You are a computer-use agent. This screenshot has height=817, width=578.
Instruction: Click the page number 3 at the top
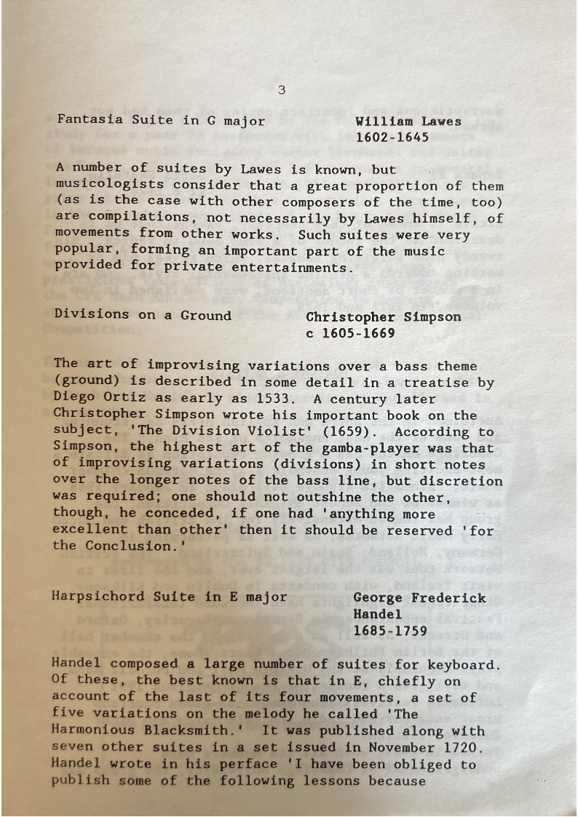282,91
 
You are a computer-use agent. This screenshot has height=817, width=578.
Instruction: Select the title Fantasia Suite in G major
161,120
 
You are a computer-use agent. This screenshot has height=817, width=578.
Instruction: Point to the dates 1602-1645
392,138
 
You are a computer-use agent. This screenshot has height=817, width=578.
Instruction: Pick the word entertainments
293,267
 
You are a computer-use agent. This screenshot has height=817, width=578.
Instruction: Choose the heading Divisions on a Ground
143,316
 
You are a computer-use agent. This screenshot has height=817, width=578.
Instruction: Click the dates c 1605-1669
351,334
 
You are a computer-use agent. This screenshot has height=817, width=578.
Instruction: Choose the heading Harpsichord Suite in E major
169,597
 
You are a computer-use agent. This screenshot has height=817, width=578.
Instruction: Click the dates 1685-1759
390,631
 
